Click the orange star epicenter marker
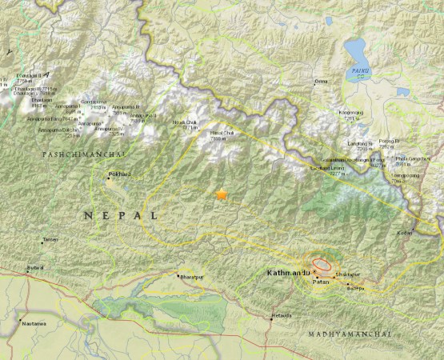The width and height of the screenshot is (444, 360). tap(222, 194)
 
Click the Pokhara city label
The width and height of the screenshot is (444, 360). tap(119, 174)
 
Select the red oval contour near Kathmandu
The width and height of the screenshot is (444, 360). tap(322, 263)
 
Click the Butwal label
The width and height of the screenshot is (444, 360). tap(35, 266)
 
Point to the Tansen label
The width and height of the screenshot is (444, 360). tap(50, 240)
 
